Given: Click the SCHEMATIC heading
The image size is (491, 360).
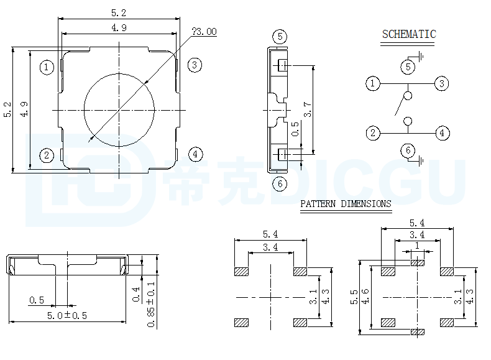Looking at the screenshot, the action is click(x=409, y=34).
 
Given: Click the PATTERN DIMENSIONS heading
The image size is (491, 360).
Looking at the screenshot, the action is click(x=346, y=204).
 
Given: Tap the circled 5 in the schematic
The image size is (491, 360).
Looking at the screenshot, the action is click(x=408, y=67).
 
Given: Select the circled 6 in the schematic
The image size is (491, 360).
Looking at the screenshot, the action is click(x=408, y=150).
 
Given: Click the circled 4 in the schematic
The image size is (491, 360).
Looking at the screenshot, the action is click(x=442, y=133).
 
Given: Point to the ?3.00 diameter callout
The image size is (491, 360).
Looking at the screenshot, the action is click(x=204, y=32).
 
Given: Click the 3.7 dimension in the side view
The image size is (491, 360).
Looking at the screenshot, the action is click(x=308, y=109).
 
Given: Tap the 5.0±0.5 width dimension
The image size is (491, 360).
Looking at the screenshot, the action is click(x=67, y=315).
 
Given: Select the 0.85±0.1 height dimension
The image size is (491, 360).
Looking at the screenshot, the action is click(x=151, y=304).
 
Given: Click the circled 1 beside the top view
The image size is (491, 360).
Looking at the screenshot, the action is click(x=47, y=67).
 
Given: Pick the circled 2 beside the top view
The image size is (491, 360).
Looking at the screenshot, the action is click(x=47, y=155).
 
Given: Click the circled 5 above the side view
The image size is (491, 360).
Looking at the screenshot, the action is click(x=280, y=37).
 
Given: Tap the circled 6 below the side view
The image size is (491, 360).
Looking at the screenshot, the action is click(x=280, y=183).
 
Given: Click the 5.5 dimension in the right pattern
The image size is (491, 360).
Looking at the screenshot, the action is click(x=354, y=297).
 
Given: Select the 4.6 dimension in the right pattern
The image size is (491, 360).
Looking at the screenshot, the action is click(x=365, y=297).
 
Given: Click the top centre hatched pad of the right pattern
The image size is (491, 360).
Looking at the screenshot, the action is click(x=418, y=263).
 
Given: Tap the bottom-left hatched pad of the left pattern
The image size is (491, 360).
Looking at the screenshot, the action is click(x=241, y=323).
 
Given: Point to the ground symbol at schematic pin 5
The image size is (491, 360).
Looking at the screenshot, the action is click(x=421, y=57).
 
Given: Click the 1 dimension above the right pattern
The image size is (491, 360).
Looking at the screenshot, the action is click(x=417, y=246).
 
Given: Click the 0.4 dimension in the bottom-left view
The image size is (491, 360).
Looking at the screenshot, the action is click(x=136, y=295).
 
